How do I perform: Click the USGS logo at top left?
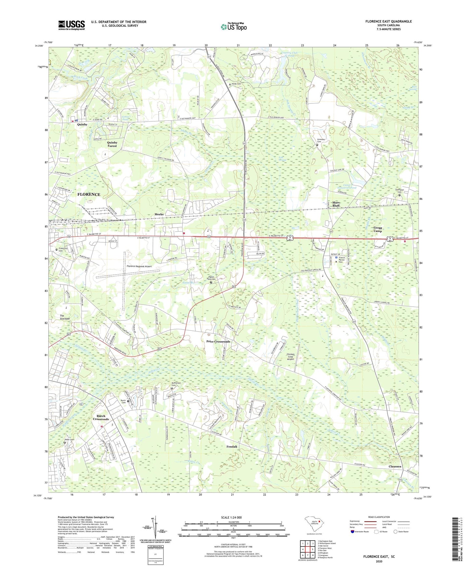pos(72,25)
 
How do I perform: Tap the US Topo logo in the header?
pos(234,27)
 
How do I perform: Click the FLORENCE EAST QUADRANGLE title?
pos(388,21)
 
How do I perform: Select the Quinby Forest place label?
pos(112,144)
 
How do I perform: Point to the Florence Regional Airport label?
pos(139,266)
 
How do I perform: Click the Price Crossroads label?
pos(218,341)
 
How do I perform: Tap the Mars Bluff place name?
pos(336,204)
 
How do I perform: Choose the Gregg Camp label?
pos(378,229)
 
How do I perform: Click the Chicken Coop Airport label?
pos(290,357)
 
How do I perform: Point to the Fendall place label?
pos(232,447)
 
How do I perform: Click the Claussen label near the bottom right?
pos(395,466)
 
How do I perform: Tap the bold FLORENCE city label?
pos(89,194)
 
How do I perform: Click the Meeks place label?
pos(159,214)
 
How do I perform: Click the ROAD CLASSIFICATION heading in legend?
pos(379,517)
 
